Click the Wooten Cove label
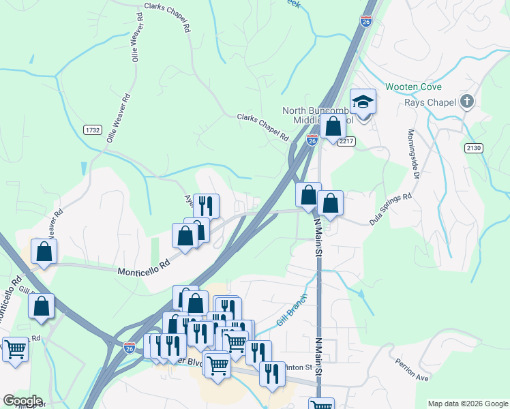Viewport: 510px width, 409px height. click(413, 87)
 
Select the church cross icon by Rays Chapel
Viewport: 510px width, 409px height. click(466, 102)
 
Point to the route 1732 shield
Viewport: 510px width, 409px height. click(93, 130)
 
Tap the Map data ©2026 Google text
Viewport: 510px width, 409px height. click(467, 404)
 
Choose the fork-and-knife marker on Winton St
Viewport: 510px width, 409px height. click(272, 373)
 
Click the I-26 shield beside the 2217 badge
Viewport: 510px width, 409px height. click(312, 140)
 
